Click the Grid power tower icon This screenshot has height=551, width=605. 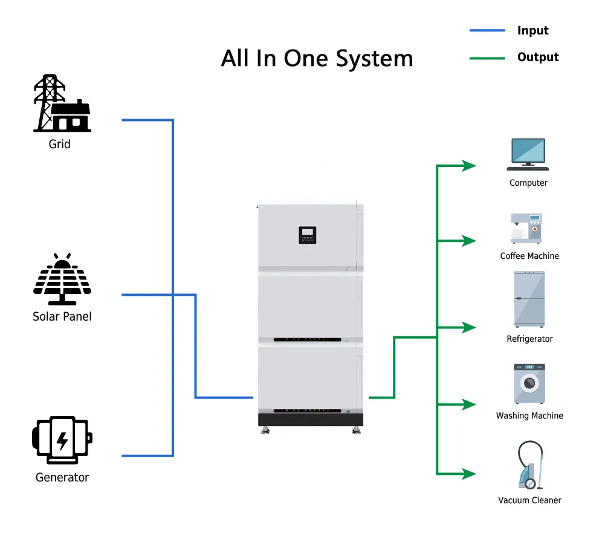62,103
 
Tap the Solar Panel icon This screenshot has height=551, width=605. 62,279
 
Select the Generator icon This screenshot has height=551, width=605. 62,440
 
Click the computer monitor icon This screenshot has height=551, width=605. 528,154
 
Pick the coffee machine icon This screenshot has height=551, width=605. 526,228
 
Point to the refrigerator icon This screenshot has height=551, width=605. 529,299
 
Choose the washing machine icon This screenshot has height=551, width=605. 529,383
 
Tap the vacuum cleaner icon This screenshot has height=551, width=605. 530,465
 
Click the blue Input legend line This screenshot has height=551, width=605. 487,30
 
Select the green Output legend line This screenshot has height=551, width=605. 487,58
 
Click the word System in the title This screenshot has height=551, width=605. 374,59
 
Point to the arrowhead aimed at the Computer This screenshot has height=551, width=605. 469,166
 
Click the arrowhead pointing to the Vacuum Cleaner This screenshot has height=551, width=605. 469,474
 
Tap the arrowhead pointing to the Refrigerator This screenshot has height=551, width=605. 469,327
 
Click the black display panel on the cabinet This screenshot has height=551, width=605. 308,235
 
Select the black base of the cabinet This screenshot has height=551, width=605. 311,419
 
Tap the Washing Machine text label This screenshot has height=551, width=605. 529,416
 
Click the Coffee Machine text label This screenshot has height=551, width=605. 529,256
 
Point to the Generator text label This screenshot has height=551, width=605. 62,478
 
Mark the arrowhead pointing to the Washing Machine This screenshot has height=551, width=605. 469,404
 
